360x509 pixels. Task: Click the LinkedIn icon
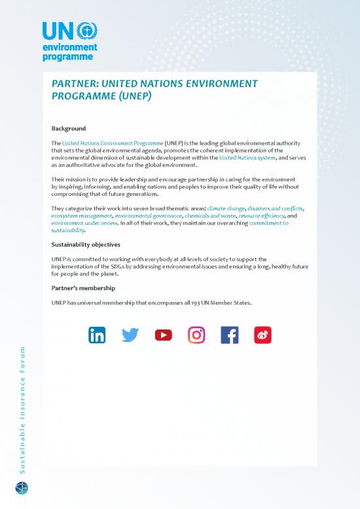point(98,335)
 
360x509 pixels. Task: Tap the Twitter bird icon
point(131,335)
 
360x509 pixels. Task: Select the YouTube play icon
point(164,335)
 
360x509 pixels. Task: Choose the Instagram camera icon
point(196,335)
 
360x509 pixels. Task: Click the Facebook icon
point(230,335)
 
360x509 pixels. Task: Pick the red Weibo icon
point(262,335)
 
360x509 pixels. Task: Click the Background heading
point(69,128)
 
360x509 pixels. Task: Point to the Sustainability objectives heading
point(85,244)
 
